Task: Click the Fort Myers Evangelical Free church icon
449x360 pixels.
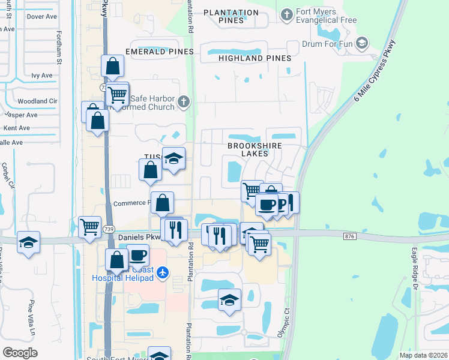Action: (x=287, y=14)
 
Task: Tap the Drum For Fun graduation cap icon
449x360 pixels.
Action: (x=361, y=43)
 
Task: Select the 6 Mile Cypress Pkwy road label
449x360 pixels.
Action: (x=375, y=71)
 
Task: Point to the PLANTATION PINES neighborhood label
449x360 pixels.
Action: (x=231, y=16)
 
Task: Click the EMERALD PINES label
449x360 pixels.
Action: (x=159, y=52)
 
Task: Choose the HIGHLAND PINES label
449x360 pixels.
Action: (x=255, y=58)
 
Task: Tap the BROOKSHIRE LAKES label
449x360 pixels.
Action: (x=255, y=149)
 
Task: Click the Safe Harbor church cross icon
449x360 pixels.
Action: (x=184, y=103)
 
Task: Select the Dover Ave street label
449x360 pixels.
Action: (x=41, y=17)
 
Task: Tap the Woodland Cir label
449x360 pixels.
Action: (x=37, y=101)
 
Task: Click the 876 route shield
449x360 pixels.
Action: (x=350, y=236)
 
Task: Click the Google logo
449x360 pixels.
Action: (x=20, y=353)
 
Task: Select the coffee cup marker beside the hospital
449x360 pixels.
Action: (x=137, y=254)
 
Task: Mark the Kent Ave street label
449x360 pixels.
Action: (x=16, y=128)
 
